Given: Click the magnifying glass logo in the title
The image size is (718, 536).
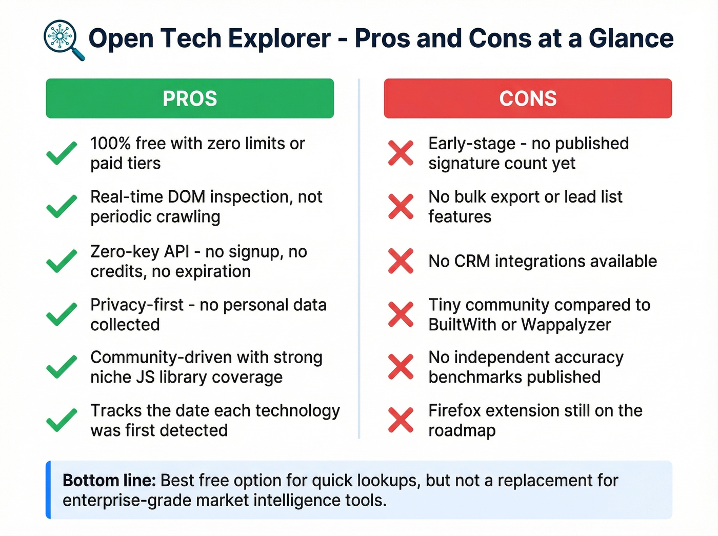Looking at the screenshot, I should (x=63, y=39).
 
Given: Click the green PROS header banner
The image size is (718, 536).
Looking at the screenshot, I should (x=190, y=98).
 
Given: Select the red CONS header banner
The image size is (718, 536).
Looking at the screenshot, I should (x=528, y=98).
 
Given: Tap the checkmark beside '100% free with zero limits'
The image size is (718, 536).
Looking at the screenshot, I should (x=62, y=153).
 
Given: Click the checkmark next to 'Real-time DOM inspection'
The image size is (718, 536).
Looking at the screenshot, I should (x=62, y=206).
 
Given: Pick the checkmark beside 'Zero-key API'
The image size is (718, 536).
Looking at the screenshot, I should (x=62, y=261).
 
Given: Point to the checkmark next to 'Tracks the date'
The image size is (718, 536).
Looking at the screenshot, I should (x=62, y=420).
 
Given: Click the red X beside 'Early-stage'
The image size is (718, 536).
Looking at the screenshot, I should (x=401, y=153).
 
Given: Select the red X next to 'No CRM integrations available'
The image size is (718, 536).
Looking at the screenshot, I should (x=401, y=261).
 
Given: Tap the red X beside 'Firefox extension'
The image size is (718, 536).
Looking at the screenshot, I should (x=401, y=420).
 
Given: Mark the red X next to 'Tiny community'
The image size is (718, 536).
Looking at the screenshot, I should (x=401, y=314).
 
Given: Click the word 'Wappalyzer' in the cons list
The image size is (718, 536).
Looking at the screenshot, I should (x=566, y=325).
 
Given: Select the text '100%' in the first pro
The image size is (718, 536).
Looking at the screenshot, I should (x=110, y=144).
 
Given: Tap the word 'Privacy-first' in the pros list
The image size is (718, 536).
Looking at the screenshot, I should (x=136, y=305).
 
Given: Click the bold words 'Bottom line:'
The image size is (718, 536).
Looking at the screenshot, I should (x=109, y=481).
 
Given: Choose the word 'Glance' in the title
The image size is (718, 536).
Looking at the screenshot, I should (x=630, y=38).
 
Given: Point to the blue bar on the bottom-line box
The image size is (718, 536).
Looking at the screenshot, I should (x=48, y=490).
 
